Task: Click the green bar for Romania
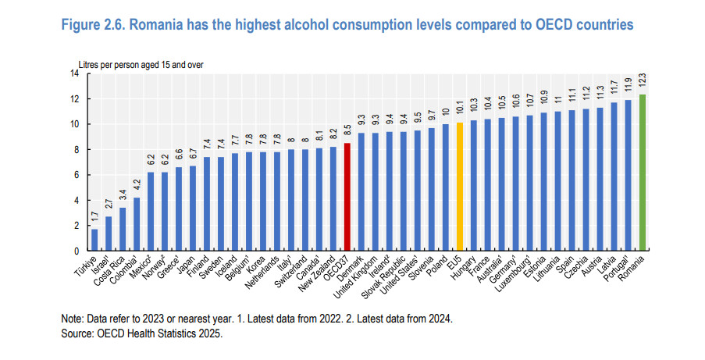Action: click(x=643, y=173)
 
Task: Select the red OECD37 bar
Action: click(x=347, y=197)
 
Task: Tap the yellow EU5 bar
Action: click(x=460, y=187)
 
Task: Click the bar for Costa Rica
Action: click(x=123, y=229)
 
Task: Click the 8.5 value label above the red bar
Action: click(x=347, y=131)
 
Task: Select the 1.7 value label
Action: click(x=94, y=218)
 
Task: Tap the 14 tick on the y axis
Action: click(x=74, y=73)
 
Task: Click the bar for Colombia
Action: click(x=137, y=224)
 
